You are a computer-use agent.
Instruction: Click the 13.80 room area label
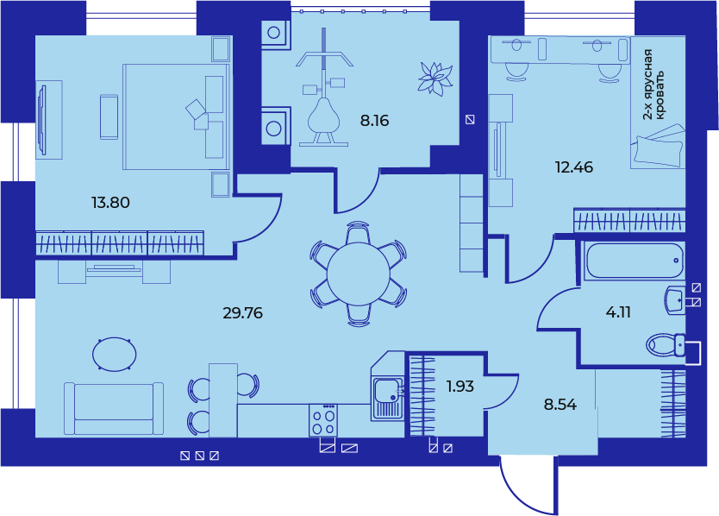coord(110,202)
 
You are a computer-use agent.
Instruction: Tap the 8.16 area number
coord(374,120)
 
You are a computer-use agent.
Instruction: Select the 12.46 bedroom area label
coord(573,167)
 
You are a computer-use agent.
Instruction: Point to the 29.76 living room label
coord(242,313)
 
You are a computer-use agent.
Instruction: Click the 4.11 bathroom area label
coord(618,312)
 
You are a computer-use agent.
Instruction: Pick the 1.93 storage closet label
coord(460,386)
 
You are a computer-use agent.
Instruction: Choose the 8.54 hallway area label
coord(560,405)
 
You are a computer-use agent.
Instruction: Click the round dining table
coord(359,274)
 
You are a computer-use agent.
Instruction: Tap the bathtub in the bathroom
coord(635,261)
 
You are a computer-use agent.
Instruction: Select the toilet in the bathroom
coord(666,345)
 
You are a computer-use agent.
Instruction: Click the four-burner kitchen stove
coord(322,420)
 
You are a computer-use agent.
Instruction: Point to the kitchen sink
coord(388,398)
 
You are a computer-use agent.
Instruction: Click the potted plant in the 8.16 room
coord(435,78)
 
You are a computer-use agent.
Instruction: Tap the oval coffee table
coord(114,355)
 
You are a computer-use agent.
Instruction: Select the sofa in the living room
coord(114,409)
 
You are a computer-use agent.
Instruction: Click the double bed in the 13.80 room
coord(176,116)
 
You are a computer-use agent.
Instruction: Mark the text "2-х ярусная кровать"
coord(653,85)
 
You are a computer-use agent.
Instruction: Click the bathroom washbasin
coord(675,300)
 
